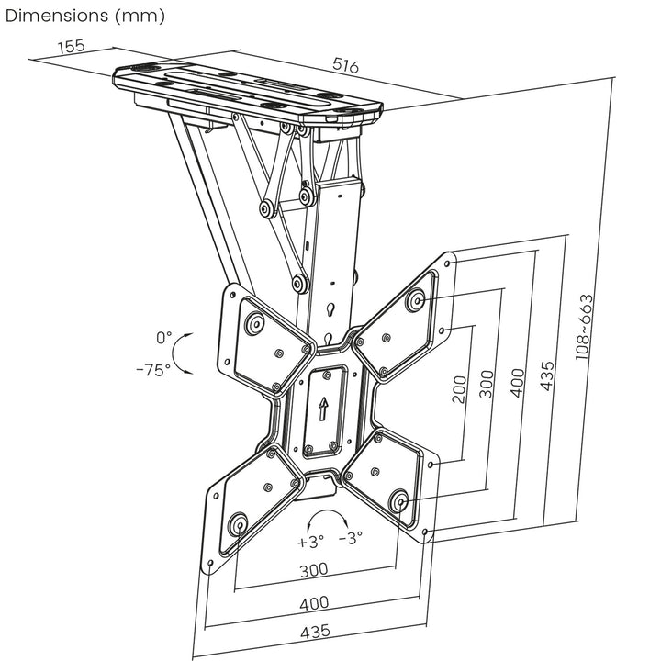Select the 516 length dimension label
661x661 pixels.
345,66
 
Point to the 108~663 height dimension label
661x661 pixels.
584,326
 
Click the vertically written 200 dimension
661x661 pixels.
459,389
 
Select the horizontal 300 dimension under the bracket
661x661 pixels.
313,570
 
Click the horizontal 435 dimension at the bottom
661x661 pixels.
313,633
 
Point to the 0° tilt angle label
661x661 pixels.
164,339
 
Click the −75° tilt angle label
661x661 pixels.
152,370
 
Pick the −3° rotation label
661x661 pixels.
350,538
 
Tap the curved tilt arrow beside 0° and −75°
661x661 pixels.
185,353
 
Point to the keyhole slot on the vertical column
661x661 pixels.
330,309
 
